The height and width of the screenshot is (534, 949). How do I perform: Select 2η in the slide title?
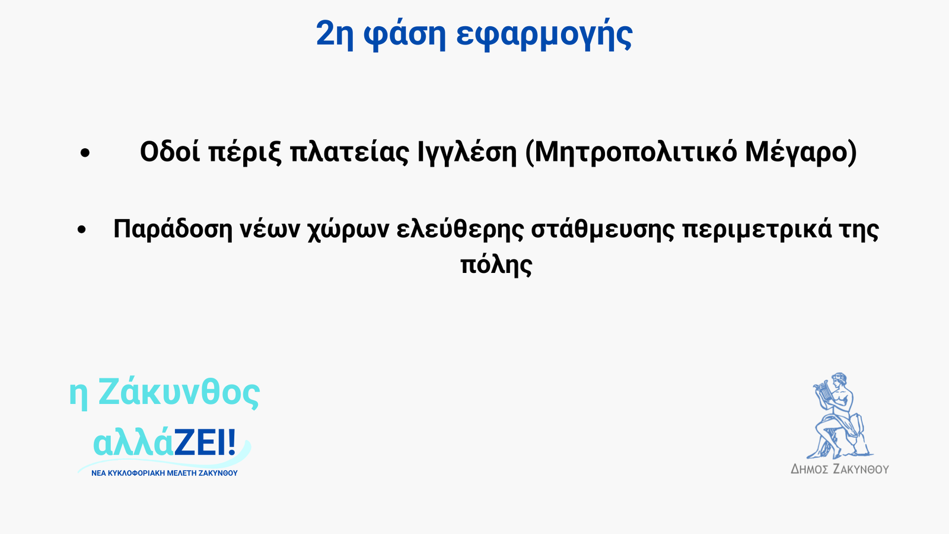click(335, 34)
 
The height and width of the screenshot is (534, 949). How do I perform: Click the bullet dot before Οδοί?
click(85, 153)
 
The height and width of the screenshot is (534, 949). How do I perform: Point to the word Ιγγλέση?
click(467, 152)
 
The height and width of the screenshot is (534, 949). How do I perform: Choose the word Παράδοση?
click(173, 230)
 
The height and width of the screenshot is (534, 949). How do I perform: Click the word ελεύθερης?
click(460, 230)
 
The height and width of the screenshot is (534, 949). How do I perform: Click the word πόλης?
click(496, 265)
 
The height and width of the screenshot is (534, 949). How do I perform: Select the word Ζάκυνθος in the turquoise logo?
click(179, 392)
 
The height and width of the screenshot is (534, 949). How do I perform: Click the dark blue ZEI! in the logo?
click(205, 443)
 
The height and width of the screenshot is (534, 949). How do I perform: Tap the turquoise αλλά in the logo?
click(133, 444)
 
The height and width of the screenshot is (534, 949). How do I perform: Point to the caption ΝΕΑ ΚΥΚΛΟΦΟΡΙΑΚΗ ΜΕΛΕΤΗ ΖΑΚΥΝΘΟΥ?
click(164, 473)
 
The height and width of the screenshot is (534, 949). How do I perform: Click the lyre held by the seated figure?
click(821, 391)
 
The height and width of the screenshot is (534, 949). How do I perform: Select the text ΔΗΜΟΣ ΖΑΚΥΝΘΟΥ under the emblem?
click(840, 469)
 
